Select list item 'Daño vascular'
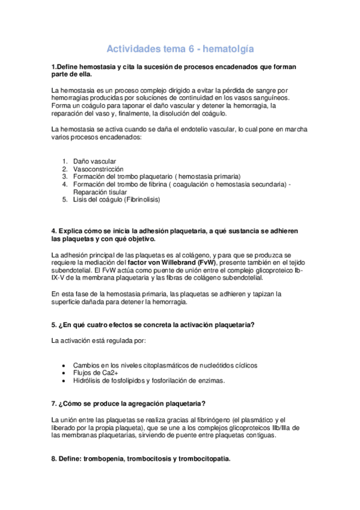click(93, 162)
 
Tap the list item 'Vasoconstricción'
click(99, 169)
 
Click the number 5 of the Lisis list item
click(64, 199)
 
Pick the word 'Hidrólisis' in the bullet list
click(87, 380)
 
